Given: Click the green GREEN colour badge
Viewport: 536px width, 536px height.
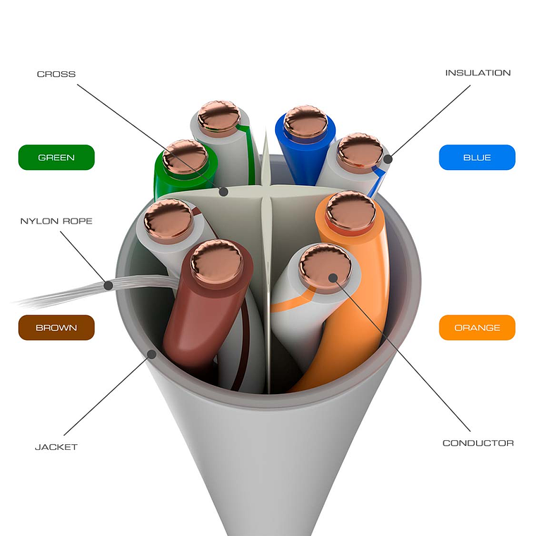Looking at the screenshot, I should click(56, 157).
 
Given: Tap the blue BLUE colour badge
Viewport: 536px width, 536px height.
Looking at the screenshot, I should click(477, 157).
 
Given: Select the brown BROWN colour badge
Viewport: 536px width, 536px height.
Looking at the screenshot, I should click(56, 327).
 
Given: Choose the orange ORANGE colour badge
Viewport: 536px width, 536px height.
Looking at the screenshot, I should click(477, 327).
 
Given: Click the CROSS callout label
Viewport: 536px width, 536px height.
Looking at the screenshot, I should click(56, 74).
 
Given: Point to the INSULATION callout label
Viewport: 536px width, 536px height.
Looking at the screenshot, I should click(477, 73).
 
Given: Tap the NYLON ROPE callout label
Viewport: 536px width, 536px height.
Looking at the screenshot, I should click(56, 221).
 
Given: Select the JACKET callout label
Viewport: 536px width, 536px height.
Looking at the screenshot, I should click(56, 446).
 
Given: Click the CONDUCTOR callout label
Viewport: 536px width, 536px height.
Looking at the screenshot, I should click(477, 443).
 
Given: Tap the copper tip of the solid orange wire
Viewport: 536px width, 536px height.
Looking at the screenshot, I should click(351, 211).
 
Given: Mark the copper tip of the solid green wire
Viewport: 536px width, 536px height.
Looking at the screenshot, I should click(185, 157).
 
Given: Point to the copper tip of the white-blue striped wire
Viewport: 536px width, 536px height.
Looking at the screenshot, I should click(360, 152).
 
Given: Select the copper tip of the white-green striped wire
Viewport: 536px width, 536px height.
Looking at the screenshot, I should click(219, 117).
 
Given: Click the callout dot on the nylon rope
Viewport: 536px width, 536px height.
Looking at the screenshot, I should click(109, 285).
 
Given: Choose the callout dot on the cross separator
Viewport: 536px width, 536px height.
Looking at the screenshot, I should click(223, 191).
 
